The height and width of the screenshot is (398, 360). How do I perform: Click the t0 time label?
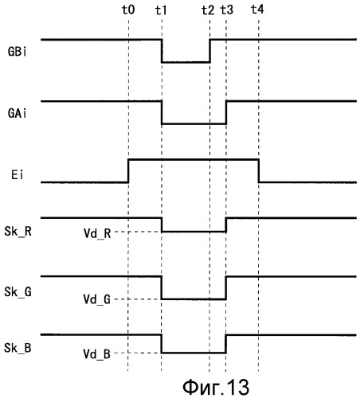pyautogui.click(x=128, y=10)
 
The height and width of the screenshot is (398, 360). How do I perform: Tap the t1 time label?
pyautogui.click(x=161, y=10)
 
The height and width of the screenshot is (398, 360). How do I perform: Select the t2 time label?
pyautogui.click(x=208, y=10)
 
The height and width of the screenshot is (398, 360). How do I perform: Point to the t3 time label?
pyautogui.click(x=227, y=10)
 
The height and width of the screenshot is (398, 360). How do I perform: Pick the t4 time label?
pyautogui.click(x=257, y=10)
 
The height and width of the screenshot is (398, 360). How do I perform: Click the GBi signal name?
pyautogui.click(x=18, y=52)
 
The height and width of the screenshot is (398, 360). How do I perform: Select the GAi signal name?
pyautogui.click(x=18, y=113)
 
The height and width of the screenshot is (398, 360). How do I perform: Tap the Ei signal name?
pyautogui.click(x=18, y=175)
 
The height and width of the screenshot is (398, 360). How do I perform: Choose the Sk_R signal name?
pyautogui.click(x=18, y=232)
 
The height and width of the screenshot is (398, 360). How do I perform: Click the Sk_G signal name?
pyautogui.click(x=18, y=292)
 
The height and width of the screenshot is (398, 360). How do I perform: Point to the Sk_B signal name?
pyautogui.click(x=18, y=348)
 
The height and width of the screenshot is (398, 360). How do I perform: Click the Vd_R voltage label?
pyautogui.click(x=97, y=234)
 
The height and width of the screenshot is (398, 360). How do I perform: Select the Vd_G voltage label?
pyautogui.click(x=97, y=299)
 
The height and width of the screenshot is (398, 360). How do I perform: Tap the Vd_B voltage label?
pyautogui.click(x=97, y=354)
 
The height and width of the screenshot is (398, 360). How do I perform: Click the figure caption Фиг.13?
pyautogui.click(x=216, y=387)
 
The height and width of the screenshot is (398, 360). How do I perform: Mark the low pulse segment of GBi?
pyautogui.click(x=186, y=62)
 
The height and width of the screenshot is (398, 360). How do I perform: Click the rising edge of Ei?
pyautogui.click(x=128, y=171)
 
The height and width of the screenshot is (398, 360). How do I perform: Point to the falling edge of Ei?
pyautogui.click(x=259, y=171)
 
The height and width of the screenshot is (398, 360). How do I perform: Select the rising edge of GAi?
pyautogui.click(x=226, y=112)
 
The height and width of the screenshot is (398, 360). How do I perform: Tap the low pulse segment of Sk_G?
pyautogui.click(x=194, y=299)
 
